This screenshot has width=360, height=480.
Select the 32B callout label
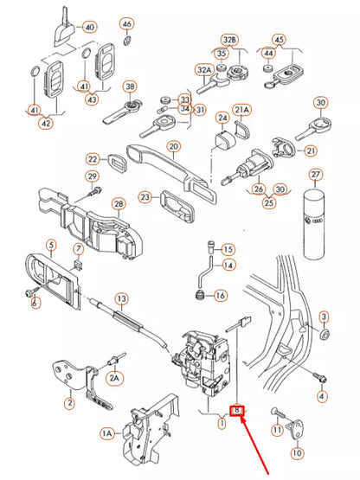(x=229, y=41)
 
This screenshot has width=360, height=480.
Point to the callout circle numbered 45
(x=279, y=40)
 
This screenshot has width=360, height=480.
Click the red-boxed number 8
(x=236, y=411)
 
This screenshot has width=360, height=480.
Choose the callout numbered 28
(x=119, y=203)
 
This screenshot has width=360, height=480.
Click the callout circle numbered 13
(x=121, y=298)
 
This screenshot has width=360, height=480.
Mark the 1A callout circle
(x=106, y=432)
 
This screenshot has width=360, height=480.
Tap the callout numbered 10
(x=298, y=451)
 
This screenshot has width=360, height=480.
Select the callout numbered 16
(x=221, y=296)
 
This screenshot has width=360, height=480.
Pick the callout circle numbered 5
(x=50, y=245)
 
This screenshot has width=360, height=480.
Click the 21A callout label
(x=242, y=110)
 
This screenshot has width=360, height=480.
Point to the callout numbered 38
(x=131, y=86)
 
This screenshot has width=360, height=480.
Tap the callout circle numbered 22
(x=93, y=158)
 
